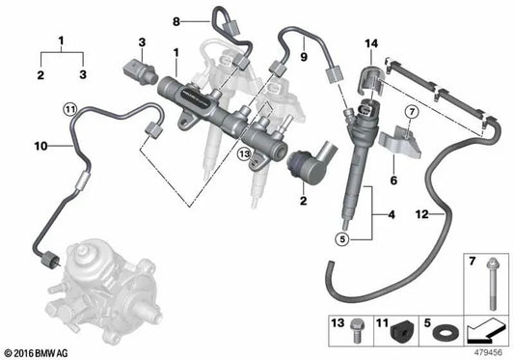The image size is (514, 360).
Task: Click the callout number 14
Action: (372, 44)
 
